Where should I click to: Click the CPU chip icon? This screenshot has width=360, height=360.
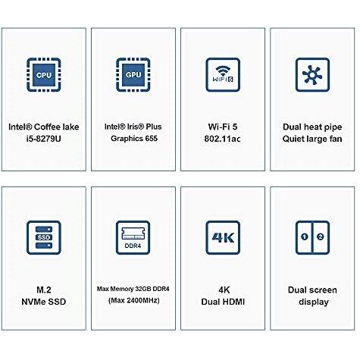tap(44, 75)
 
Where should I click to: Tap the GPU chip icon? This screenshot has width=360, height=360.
tap(133, 75)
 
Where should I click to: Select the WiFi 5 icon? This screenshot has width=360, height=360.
tap(223, 75)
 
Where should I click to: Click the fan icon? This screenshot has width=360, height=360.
tap(312, 75)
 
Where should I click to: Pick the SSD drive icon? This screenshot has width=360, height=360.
tap(44, 237)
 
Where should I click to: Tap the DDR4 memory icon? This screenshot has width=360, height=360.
tap(133, 237)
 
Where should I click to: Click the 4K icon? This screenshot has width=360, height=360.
tap(223, 237)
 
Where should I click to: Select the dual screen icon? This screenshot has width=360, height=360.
tap(312, 237)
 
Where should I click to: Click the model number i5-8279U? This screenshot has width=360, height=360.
tap(44, 139)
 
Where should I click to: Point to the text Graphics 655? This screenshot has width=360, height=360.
tap(134, 139)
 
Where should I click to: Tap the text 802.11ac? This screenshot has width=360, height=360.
tap(222, 139)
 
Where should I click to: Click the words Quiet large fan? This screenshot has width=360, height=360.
tap(312, 139)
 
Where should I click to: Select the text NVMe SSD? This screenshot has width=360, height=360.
tap(44, 302)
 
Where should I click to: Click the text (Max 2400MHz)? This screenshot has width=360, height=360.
tap(134, 301)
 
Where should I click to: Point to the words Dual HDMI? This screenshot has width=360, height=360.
tap(223, 302)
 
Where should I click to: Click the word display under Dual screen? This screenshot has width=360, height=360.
tap(314, 302)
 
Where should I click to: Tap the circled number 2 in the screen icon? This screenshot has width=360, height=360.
tap(321, 236)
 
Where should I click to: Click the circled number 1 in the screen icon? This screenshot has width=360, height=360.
tap(305, 236)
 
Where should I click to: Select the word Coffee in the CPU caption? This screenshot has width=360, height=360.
tap(46, 127)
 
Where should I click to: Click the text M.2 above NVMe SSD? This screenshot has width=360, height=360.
tap(44, 290)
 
